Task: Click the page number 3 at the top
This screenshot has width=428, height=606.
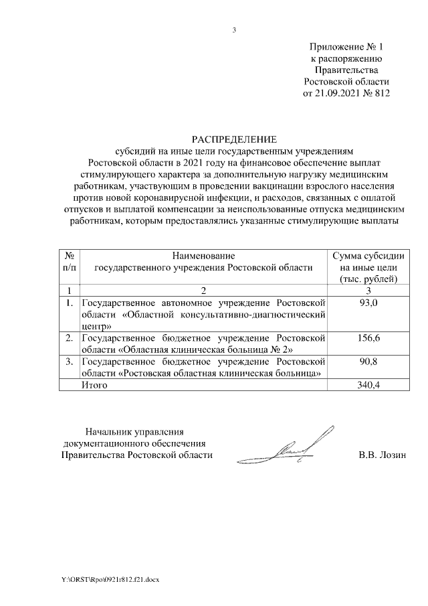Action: point(234,29)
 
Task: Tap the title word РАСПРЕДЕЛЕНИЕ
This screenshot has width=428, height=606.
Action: point(233,139)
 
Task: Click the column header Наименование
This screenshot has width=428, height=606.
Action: point(204,256)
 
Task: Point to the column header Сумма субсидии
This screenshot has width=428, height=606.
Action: point(368,256)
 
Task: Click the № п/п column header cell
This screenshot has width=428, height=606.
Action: point(70,261)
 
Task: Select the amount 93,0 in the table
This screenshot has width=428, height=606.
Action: point(368,304)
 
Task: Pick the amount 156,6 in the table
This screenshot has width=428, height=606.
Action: point(368,338)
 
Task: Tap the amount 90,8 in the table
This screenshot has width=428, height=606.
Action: point(368,362)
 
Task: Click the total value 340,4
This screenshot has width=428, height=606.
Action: point(368,385)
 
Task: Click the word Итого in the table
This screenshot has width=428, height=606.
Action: point(94,385)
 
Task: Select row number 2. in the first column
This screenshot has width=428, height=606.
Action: point(70,338)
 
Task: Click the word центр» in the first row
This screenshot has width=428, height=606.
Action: point(96,326)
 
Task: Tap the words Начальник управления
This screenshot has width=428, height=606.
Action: point(134,432)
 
